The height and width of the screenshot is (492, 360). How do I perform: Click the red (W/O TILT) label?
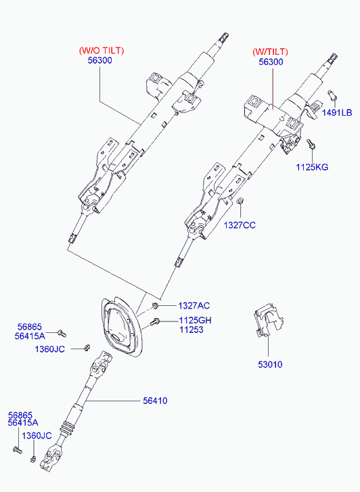[102, 50]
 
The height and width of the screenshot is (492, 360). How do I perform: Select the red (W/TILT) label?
[270, 51]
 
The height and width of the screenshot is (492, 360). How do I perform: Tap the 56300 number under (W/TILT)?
[270, 62]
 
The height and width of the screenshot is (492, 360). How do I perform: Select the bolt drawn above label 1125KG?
[311, 143]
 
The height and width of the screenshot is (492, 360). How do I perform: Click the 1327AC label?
[195, 306]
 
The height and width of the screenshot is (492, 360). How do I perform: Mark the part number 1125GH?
[195, 320]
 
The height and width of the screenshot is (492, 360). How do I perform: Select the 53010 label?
[269, 365]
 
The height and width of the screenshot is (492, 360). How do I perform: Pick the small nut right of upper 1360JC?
[87, 349]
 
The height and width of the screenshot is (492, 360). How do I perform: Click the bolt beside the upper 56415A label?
[61, 332]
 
